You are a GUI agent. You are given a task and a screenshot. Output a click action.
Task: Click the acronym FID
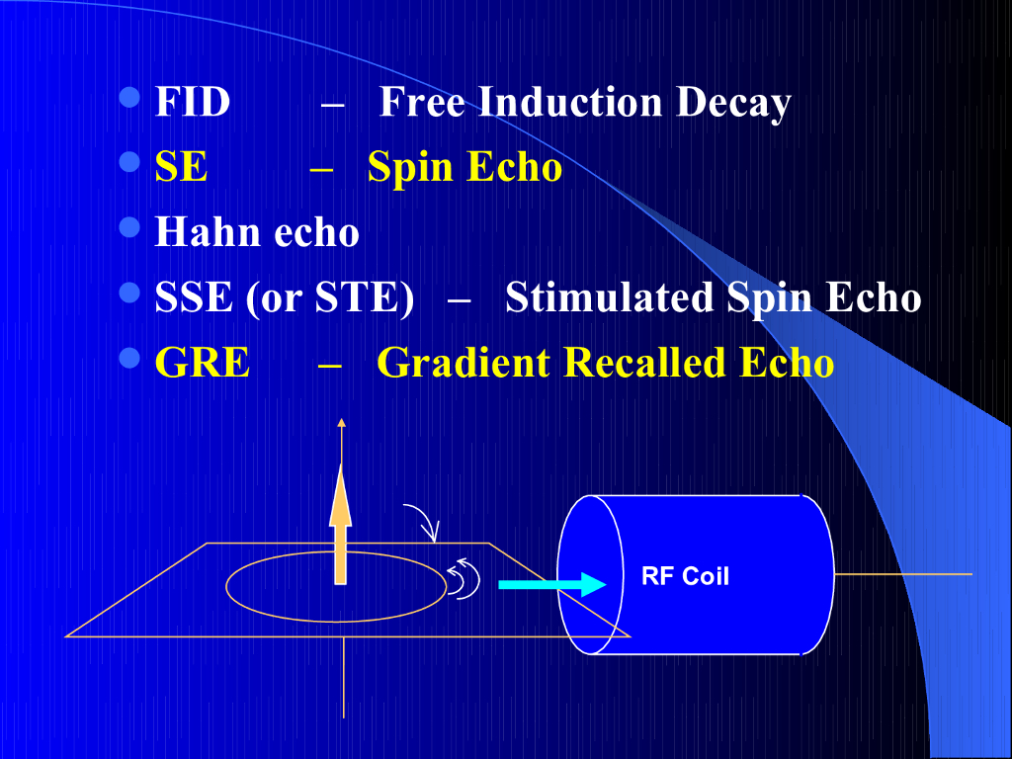click(x=192, y=103)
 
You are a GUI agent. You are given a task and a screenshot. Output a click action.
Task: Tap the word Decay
click(x=733, y=103)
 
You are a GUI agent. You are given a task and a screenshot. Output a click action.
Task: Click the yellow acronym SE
click(x=181, y=167)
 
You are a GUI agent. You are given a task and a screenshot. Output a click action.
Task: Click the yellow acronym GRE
click(x=202, y=363)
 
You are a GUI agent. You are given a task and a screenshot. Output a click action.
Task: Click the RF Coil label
click(x=685, y=576)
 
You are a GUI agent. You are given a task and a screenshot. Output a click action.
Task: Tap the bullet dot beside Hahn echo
click(x=129, y=228)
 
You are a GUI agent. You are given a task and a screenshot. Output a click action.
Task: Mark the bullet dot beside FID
click(x=129, y=98)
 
